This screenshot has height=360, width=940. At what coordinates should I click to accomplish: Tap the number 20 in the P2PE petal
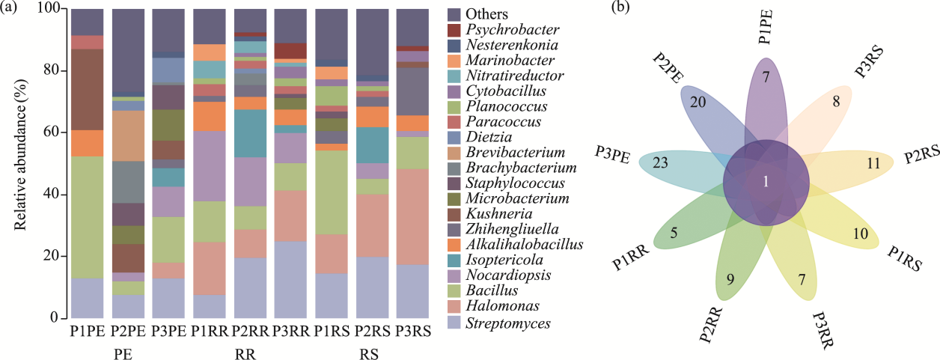pos(698,103)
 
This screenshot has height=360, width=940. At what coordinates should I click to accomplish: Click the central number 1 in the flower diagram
pos(766,180)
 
